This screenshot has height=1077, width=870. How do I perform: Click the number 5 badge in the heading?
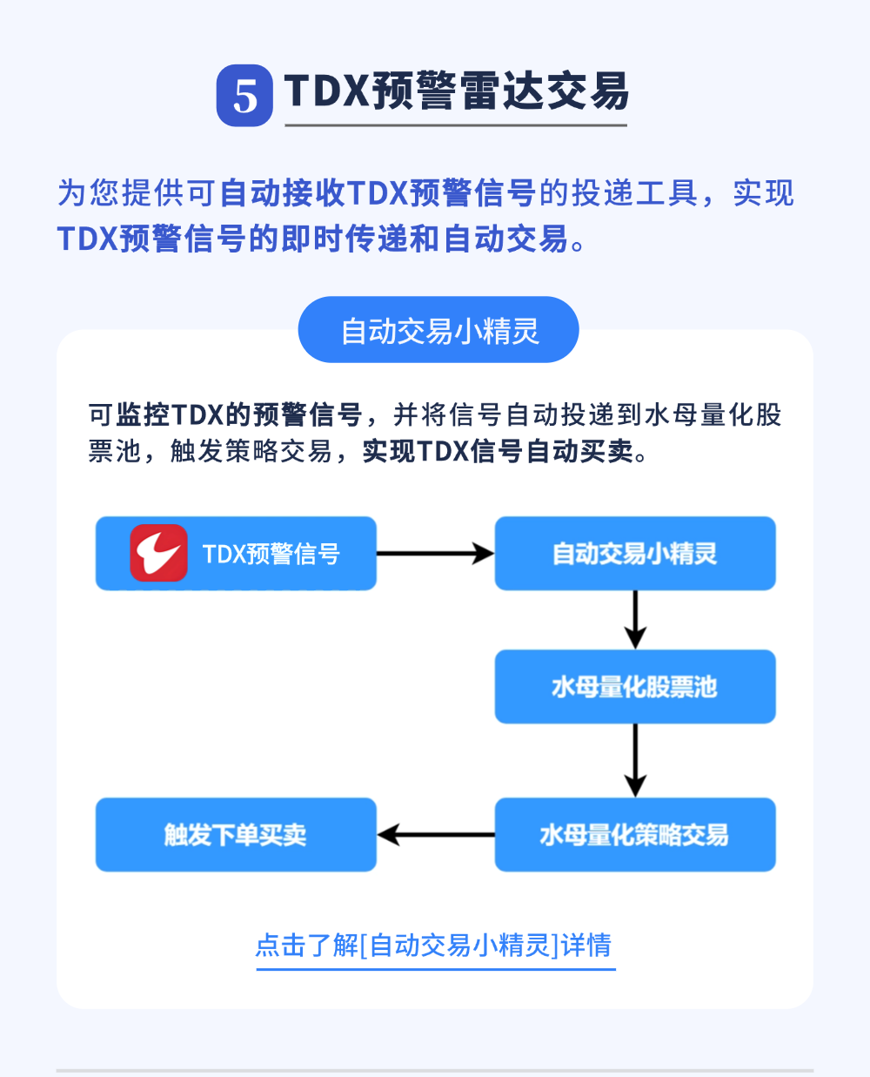pos(244,96)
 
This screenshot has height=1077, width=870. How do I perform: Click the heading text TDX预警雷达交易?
pos(456,91)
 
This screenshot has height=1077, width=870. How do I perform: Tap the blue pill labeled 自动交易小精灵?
pos(438,331)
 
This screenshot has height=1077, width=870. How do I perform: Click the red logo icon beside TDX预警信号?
pos(158,553)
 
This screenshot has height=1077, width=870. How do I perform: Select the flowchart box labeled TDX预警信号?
pos(271,554)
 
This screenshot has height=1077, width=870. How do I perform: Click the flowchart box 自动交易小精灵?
pos(635,554)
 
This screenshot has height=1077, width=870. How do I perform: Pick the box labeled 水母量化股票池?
pos(635,687)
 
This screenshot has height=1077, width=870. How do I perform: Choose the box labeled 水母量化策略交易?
pos(635,835)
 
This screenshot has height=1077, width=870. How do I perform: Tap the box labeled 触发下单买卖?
pos(236,835)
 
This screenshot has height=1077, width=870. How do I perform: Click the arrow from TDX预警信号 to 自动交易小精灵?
pos(435,554)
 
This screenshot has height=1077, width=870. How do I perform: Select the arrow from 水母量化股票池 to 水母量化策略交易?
pos(635,760)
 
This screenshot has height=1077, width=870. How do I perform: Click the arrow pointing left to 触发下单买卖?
pos(435,835)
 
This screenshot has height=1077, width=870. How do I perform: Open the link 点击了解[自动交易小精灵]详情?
pos(434,946)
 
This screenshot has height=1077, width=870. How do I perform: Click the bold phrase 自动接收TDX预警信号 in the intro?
pos(377,193)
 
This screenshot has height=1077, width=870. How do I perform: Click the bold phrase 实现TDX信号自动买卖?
pos(498,452)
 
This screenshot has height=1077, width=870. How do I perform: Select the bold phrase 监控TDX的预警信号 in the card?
pos(239,414)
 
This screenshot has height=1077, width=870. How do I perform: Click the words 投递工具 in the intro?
pos(635,193)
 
